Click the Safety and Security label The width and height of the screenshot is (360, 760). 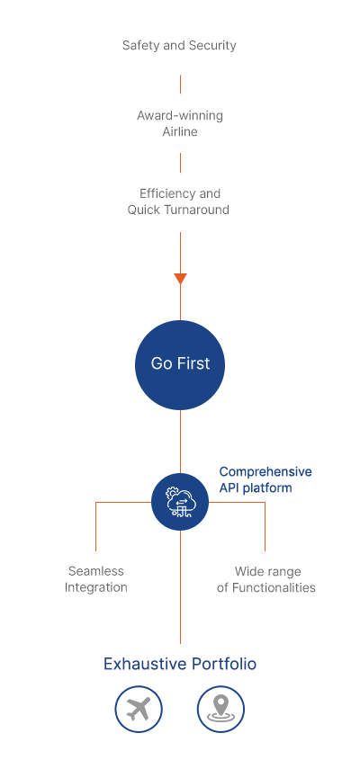coord(179,46)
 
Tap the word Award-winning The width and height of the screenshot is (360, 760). coord(180,116)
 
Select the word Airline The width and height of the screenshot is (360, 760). coord(180,132)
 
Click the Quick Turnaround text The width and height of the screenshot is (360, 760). coord(178,210)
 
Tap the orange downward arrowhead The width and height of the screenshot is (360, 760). coord(181,279)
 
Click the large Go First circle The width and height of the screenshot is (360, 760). coord(180,365)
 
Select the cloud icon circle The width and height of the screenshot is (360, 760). coord(180,502)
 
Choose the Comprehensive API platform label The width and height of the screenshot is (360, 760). coord(265,480)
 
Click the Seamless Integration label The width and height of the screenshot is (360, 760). coord(96,579)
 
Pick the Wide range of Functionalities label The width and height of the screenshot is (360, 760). coord(266,579)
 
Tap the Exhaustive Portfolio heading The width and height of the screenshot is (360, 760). coord(180,664)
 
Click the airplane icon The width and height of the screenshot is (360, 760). coord(139,710)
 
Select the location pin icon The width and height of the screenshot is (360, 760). coord(220,710)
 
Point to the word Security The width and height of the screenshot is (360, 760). coord(212,46)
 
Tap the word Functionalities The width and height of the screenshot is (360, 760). coord(274,587)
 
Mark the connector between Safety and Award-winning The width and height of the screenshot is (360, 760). coord(181,84)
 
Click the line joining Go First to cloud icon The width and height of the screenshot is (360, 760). coord(181,442)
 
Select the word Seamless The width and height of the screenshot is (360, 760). coord(96,571)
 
